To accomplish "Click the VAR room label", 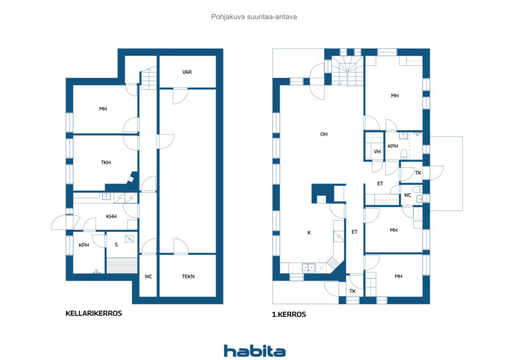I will click(x=187, y=72).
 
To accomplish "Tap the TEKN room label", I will click(x=188, y=276).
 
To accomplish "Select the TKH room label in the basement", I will click(x=105, y=162).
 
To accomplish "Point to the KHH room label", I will click(x=111, y=217).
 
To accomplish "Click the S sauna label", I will click(x=116, y=245).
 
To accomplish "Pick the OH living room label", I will click(x=324, y=134).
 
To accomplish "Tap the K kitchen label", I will click(x=309, y=233).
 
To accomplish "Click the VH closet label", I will click(x=377, y=152).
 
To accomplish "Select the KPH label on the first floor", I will click(x=393, y=146).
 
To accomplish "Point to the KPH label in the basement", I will click(x=84, y=245).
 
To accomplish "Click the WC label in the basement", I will click(x=148, y=276).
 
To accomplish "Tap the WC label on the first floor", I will click(x=408, y=195).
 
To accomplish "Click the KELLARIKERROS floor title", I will click(x=93, y=313).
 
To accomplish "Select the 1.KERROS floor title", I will click(x=289, y=314).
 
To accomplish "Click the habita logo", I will click(x=254, y=350).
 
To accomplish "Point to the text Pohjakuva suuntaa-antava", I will click(x=254, y=17).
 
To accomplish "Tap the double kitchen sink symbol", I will click(x=308, y=267).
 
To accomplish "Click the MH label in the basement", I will click(x=103, y=109).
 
